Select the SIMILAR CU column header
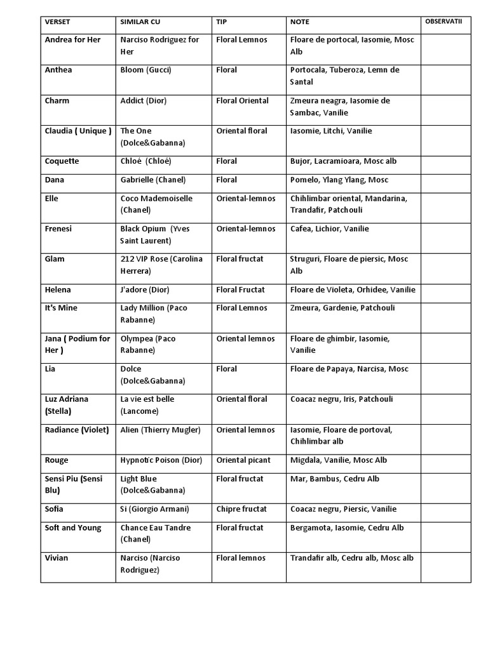140,22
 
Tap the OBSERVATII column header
444,22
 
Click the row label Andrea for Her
72,39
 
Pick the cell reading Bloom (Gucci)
146,70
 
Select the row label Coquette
62,161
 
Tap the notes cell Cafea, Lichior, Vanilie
329,229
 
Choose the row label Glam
54,259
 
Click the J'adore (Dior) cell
145,289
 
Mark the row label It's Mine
61,308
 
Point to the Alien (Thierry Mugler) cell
160,430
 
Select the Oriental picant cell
243,460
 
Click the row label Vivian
57,558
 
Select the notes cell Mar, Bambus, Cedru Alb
334,479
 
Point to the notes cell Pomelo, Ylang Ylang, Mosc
339,180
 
